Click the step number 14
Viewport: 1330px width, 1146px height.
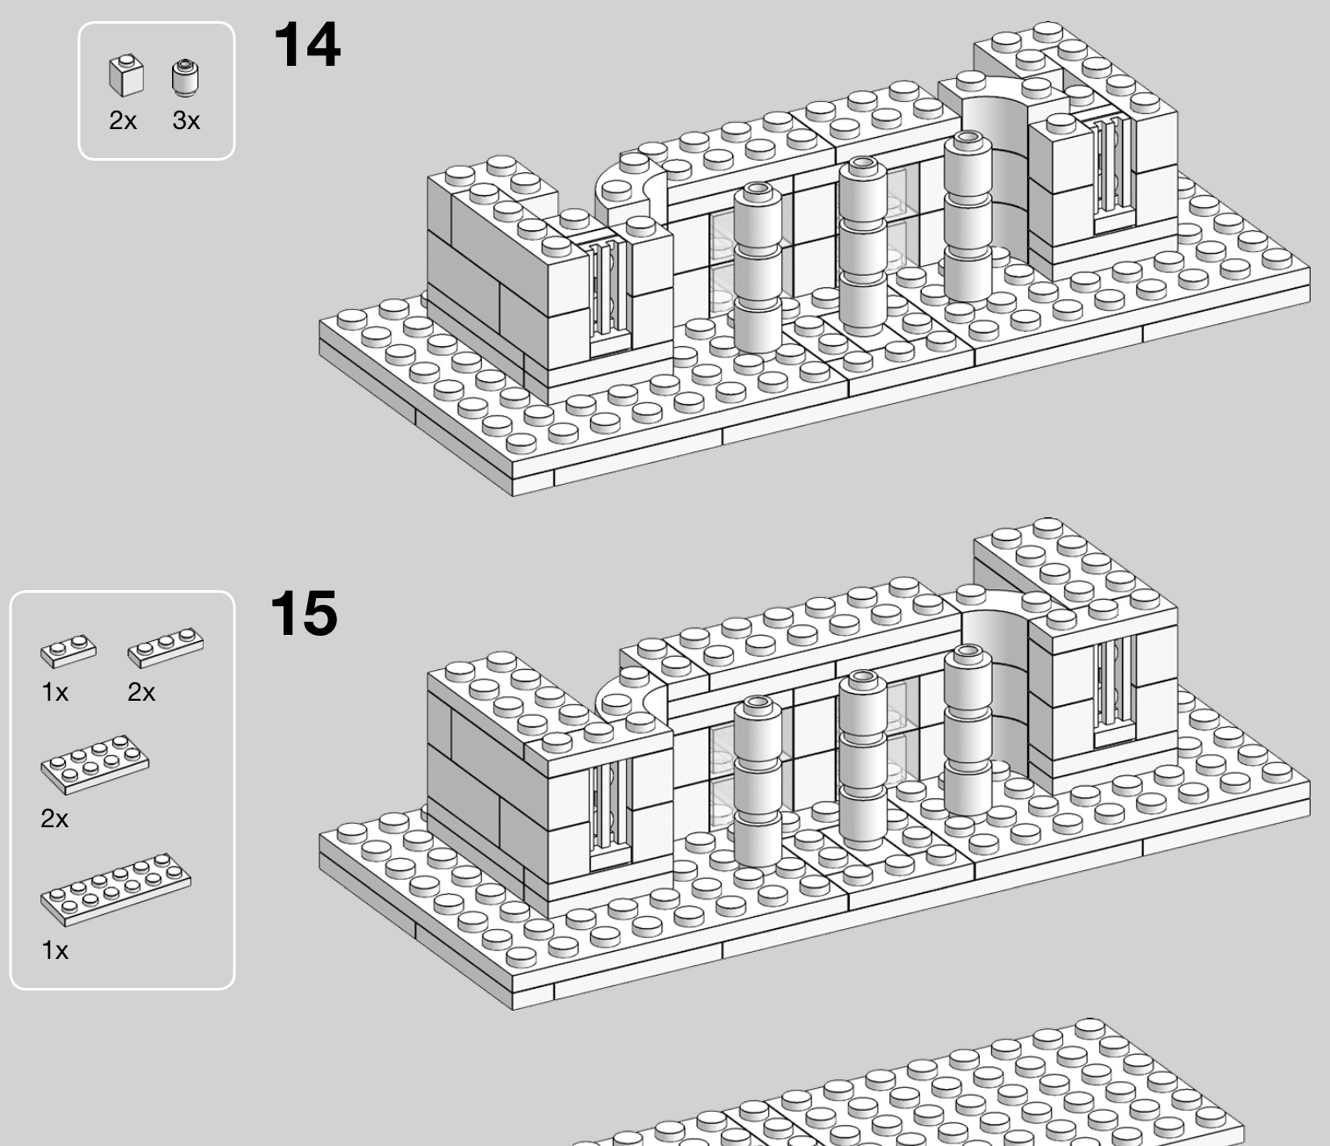tap(307, 45)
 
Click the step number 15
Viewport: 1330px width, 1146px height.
tap(304, 614)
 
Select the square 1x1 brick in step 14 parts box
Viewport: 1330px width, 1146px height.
tap(126, 76)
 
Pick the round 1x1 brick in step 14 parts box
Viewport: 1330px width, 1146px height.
tap(185, 78)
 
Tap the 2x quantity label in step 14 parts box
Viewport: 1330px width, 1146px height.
tap(123, 120)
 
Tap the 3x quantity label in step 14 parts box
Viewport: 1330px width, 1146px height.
tap(186, 120)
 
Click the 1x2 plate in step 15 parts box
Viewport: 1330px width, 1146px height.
tap(68, 651)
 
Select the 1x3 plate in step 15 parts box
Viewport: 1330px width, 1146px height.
tap(165, 648)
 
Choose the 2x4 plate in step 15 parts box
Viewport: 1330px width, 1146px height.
tap(95, 764)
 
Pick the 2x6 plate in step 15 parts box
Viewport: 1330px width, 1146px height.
tap(116, 890)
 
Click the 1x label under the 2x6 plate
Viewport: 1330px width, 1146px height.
tap(54, 950)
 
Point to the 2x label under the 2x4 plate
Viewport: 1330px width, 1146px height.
tap(54, 819)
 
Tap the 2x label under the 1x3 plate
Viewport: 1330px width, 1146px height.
tap(141, 693)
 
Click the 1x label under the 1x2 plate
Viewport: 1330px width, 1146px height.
tap(54, 693)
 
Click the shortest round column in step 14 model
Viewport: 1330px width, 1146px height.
tap(758, 269)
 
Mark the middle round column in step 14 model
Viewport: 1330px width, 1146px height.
tap(863, 247)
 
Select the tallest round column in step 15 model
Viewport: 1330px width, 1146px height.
tap(967, 732)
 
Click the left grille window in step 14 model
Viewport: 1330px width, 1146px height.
tap(608, 296)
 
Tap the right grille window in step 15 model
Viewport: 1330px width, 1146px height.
tap(1114, 690)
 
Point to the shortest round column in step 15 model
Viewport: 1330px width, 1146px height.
tap(758, 781)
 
